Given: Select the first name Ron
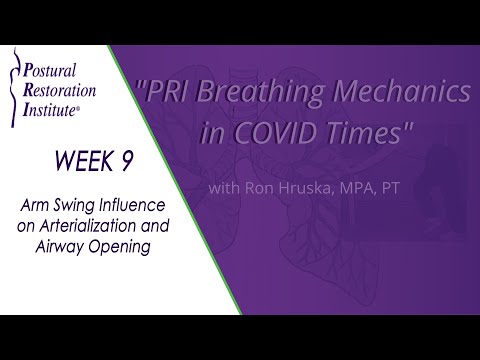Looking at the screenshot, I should [257, 188].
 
